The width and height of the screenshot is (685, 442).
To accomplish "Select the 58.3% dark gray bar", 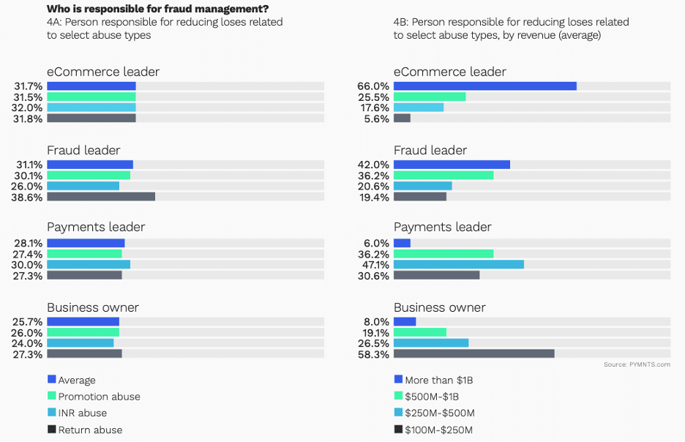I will pos(473,353).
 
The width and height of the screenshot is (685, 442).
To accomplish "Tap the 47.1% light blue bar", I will pos(458,264).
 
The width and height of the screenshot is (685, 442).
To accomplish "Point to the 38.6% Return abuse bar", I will pos(101,196).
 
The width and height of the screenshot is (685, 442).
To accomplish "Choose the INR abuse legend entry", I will pos(83,413).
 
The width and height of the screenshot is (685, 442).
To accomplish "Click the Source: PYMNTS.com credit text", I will pos(637,364).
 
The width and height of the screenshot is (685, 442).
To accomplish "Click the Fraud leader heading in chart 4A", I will pos(83,150).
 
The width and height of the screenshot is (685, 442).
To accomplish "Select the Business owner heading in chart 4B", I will pos(439,307).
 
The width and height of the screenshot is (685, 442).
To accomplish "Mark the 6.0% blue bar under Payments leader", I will pos(402,243).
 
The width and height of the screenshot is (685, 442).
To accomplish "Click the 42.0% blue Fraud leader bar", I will pos(452,165).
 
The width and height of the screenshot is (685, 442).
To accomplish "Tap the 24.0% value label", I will pos(29,342).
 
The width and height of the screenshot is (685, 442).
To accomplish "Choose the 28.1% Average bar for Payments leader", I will pos(86,243).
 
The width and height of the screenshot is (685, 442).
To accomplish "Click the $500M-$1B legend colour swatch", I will pos(398,396).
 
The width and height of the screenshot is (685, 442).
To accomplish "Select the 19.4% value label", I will pos(375,196).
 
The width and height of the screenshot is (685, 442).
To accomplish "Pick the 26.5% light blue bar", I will pos(430,342).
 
